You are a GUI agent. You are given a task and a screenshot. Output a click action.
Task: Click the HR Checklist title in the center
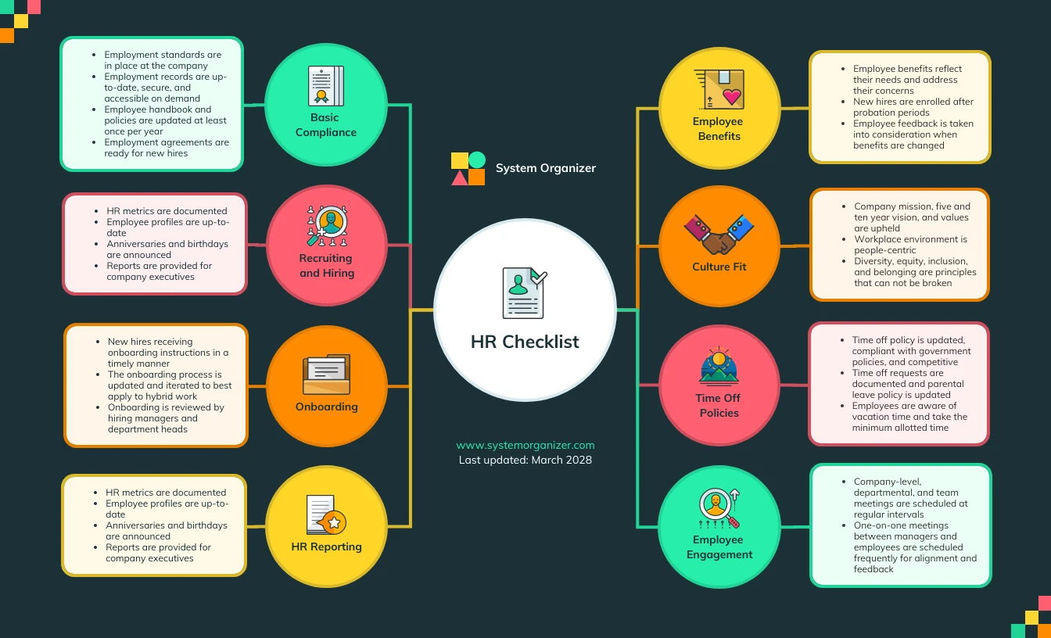tap(525, 342)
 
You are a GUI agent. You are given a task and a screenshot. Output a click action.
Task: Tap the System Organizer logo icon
tap(468, 168)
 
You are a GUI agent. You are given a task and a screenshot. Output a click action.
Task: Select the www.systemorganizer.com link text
tap(525, 445)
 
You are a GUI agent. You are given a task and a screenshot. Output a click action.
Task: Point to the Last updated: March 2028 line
tap(525, 460)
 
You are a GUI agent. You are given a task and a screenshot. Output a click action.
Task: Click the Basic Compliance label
tap(325, 125)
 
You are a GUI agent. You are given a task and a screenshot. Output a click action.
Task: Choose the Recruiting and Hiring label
tap(326, 266)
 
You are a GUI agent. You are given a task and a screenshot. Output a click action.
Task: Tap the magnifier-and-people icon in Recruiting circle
tap(326, 225)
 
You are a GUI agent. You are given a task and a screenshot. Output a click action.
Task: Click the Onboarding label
tap(326, 407)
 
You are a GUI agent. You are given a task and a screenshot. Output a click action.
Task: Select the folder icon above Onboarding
tap(326, 375)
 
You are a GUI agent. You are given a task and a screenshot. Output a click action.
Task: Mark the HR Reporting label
tap(326, 547)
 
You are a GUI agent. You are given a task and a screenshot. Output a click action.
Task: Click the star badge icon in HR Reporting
tap(335, 522)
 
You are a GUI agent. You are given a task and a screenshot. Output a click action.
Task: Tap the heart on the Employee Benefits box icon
tap(731, 97)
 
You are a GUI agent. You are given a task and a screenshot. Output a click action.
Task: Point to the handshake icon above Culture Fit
tap(719, 234)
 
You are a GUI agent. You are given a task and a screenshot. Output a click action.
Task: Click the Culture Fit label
tap(719, 267)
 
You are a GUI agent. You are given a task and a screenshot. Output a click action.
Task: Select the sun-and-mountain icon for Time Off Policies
tap(719, 366)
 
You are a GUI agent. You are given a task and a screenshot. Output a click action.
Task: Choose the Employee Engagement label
tap(719, 547)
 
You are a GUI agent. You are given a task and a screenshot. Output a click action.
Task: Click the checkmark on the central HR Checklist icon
tap(538, 278)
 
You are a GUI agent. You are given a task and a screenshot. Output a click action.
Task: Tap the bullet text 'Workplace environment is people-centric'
tap(909, 245)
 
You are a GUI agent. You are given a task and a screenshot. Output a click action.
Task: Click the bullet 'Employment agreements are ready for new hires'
tap(166, 148)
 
